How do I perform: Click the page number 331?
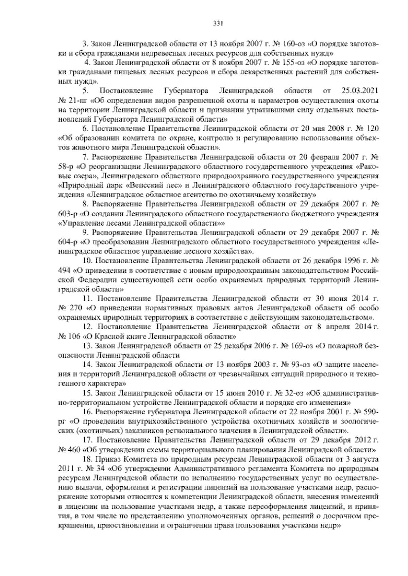click(218, 23)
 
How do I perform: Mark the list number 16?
click(88, 412)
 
